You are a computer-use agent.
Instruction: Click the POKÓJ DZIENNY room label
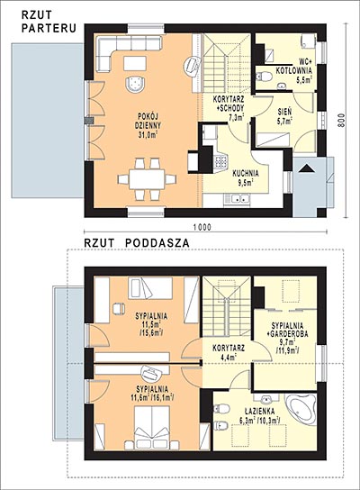148,121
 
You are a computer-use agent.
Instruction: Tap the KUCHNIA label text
246,173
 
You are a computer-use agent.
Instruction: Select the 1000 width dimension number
202,227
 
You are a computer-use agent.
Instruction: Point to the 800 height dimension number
342,120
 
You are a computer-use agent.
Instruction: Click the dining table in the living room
147,179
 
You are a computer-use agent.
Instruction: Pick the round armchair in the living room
135,84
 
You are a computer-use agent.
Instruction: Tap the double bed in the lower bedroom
152,427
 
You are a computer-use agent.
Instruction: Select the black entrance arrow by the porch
307,168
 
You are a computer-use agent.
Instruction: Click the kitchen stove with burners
220,161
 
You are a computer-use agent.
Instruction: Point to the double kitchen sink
238,199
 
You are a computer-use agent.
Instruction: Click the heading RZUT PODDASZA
137,243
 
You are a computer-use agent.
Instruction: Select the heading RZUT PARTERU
49,22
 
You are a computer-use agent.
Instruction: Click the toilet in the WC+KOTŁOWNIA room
264,76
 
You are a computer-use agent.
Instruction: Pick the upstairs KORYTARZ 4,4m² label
229,352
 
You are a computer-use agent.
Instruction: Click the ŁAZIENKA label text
255,412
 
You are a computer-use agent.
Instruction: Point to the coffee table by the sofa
135,63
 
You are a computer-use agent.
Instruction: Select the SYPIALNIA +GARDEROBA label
288,330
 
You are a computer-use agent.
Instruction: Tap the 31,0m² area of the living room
148,135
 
